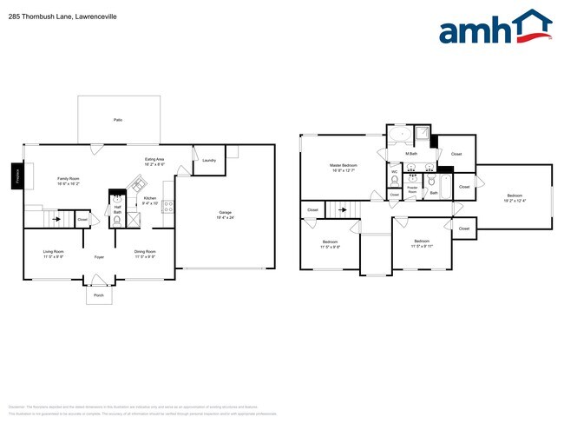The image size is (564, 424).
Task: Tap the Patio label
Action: pyautogui.click(x=117, y=119)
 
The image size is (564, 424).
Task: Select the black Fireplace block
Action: pyautogui.click(x=16, y=176)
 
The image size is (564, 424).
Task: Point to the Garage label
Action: pyautogui.click(x=225, y=213)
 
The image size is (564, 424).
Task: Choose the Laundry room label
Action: pyautogui.click(x=208, y=161)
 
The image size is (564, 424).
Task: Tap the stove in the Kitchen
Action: pyautogui.click(x=168, y=206)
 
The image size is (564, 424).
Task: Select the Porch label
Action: pyautogui.click(x=98, y=295)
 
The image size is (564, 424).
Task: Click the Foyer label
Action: pyautogui.click(x=99, y=256)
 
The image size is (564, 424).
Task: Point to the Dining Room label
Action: pyautogui.click(x=145, y=254)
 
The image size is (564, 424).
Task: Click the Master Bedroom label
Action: pyautogui.click(x=343, y=167)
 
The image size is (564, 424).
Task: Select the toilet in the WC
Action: pyautogui.click(x=395, y=181)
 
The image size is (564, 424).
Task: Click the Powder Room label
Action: pyautogui.click(x=413, y=189)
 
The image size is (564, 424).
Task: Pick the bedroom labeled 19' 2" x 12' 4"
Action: pyautogui.click(x=515, y=199)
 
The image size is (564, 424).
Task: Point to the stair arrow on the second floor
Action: pyautogui.click(x=343, y=209)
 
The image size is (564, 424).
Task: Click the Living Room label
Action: pyautogui.click(x=54, y=254)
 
